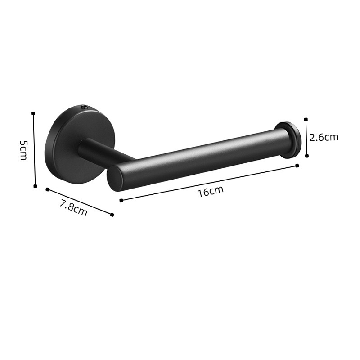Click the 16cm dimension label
211,191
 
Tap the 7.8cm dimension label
73,208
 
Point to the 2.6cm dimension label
324,137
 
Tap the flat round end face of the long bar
115,179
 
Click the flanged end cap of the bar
288,140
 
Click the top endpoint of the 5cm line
33,113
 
